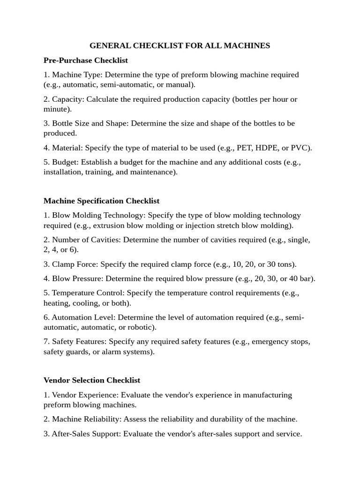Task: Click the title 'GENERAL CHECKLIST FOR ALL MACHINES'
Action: click(x=180, y=45)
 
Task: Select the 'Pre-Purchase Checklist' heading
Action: click(x=86, y=60)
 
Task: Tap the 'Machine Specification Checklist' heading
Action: click(x=101, y=201)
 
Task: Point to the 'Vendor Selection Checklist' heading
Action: click(x=92, y=380)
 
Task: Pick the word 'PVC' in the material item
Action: click(x=300, y=148)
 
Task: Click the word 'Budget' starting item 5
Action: click(x=64, y=162)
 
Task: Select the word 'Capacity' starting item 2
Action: click(x=67, y=99)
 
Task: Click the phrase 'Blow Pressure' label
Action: click(x=77, y=278)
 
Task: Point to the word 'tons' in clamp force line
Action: click(x=285, y=264)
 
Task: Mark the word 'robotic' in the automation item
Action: click(x=140, y=327)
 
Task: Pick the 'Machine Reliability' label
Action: click(x=82, y=419)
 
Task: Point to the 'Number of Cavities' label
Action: click(x=83, y=240)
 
